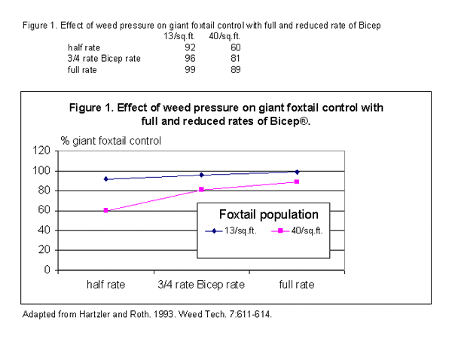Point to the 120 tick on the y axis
click(41, 151)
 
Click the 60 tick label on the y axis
click(44, 210)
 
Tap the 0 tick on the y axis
click(47, 270)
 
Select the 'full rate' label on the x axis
click(296, 285)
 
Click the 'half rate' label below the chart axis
click(106, 285)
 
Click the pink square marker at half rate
click(106, 210)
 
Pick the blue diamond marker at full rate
click(297, 172)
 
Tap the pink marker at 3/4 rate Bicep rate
click(201, 190)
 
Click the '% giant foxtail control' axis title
click(111, 140)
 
